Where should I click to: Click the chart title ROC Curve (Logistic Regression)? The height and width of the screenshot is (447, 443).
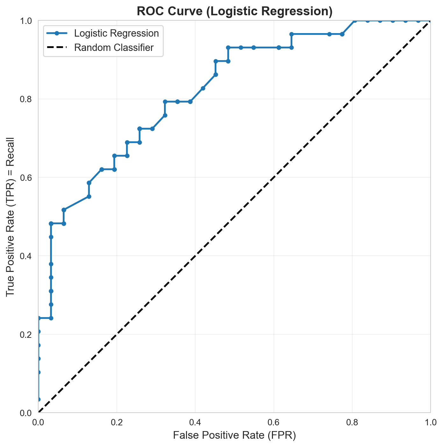tap(234, 11)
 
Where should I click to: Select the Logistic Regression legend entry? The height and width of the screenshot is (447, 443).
tap(116, 33)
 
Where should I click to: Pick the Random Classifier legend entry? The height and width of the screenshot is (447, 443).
tap(114, 48)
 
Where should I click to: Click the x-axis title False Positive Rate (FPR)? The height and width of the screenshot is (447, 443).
tap(234, 435)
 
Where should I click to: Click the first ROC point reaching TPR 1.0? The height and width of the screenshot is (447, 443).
tap(354, 21)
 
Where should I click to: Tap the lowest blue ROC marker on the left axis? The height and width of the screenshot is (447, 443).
tap(39, 399)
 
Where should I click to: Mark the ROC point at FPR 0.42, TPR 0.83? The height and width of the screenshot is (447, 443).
tap(203, 88)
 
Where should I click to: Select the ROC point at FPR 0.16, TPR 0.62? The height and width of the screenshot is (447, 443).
tap(102, 169)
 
